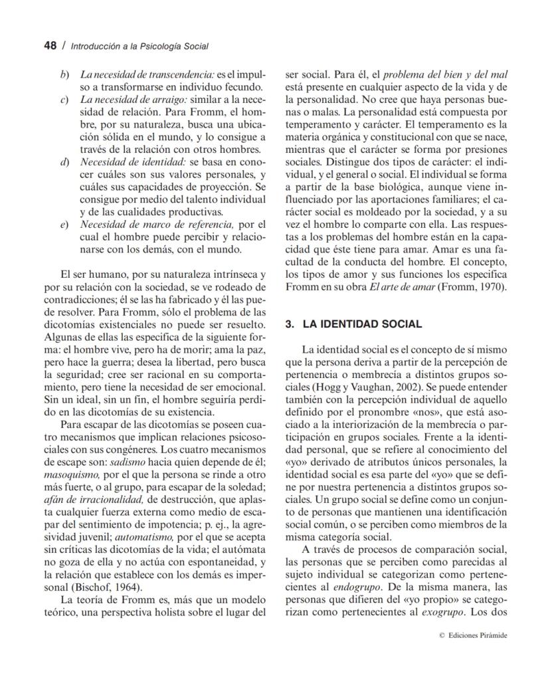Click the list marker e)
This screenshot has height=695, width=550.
65,225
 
